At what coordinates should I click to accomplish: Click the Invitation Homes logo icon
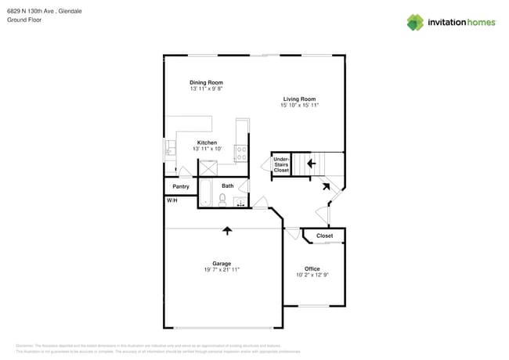(415, 22)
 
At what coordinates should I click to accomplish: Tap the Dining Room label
(206, 82)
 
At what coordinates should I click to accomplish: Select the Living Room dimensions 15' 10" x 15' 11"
(298, 105)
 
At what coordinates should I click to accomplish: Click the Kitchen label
(207, 142)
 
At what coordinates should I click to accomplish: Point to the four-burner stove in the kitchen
(242, 152)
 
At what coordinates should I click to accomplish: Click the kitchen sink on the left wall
(169, 149)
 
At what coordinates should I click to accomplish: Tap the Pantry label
(180, 187)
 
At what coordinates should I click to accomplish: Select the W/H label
(171, 201)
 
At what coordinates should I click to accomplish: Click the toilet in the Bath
(222, 200)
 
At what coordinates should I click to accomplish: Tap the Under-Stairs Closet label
(281, 164)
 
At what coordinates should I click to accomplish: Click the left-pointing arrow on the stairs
(311, 164)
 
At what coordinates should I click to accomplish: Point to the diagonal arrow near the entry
(325, 185)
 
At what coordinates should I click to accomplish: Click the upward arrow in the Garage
(227, 231)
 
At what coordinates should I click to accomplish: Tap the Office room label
(312, 268)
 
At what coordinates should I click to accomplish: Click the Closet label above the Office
(324, 236)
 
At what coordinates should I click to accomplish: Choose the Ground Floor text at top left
(24, 20)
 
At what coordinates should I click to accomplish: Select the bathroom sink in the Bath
(240, 203)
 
